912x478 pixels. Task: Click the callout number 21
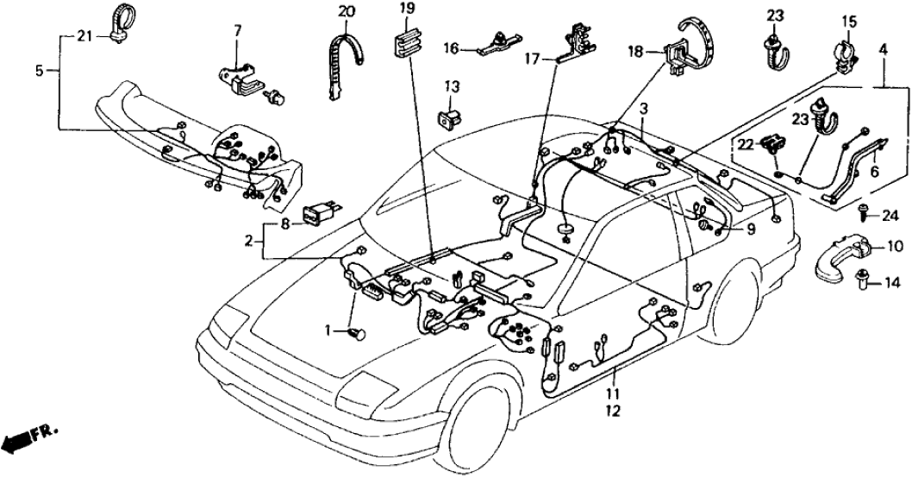[x=83, y=36]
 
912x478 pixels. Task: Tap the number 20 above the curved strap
[x=346, y=11]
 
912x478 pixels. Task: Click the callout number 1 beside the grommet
[x=328, y=330]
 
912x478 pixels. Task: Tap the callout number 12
[x=614, y=412]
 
